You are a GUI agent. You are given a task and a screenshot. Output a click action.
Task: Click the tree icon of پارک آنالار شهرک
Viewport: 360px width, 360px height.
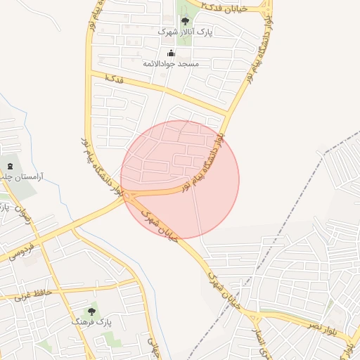185,21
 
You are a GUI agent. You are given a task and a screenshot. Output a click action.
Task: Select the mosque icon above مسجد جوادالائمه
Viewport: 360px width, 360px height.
171,53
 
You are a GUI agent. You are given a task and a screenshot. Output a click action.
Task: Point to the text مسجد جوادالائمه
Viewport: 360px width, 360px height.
172,64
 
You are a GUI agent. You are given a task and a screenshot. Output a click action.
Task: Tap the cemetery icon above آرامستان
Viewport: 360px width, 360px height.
9,165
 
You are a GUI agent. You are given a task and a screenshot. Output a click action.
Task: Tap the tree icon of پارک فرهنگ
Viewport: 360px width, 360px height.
91,311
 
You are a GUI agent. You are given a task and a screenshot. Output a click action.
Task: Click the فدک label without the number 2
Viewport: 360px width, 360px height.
113,79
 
